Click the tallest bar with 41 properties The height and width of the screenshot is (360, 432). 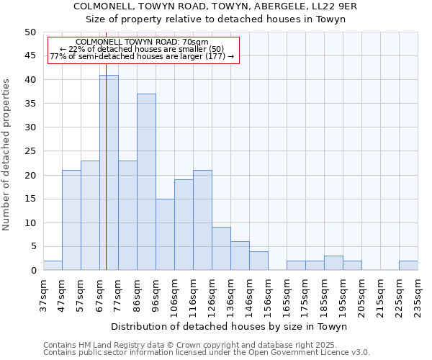(x=109, y=173)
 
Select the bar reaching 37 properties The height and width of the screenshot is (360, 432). (x=146, y=182)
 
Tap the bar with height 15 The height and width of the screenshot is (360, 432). (x=165, y=235)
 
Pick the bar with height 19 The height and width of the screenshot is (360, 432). (x=184, y=225)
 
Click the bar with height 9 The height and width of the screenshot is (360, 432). (x=221, y=248)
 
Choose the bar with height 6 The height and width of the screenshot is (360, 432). (x=240, y=256)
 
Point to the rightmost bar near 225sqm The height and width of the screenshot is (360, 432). (x=408, y=266)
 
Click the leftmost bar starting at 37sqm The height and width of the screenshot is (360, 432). (x=53, y=266)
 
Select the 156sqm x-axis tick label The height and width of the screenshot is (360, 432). (x=268, y=296)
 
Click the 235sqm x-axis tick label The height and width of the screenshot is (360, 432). (x=418, y=296)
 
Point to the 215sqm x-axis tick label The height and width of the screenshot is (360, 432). (x=380, y=296)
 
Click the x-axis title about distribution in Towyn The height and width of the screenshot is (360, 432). (x=230, y=326)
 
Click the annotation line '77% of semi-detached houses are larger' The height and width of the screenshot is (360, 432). (x=142, y=56)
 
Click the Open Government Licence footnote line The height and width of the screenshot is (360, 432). (x=207, y=353)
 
